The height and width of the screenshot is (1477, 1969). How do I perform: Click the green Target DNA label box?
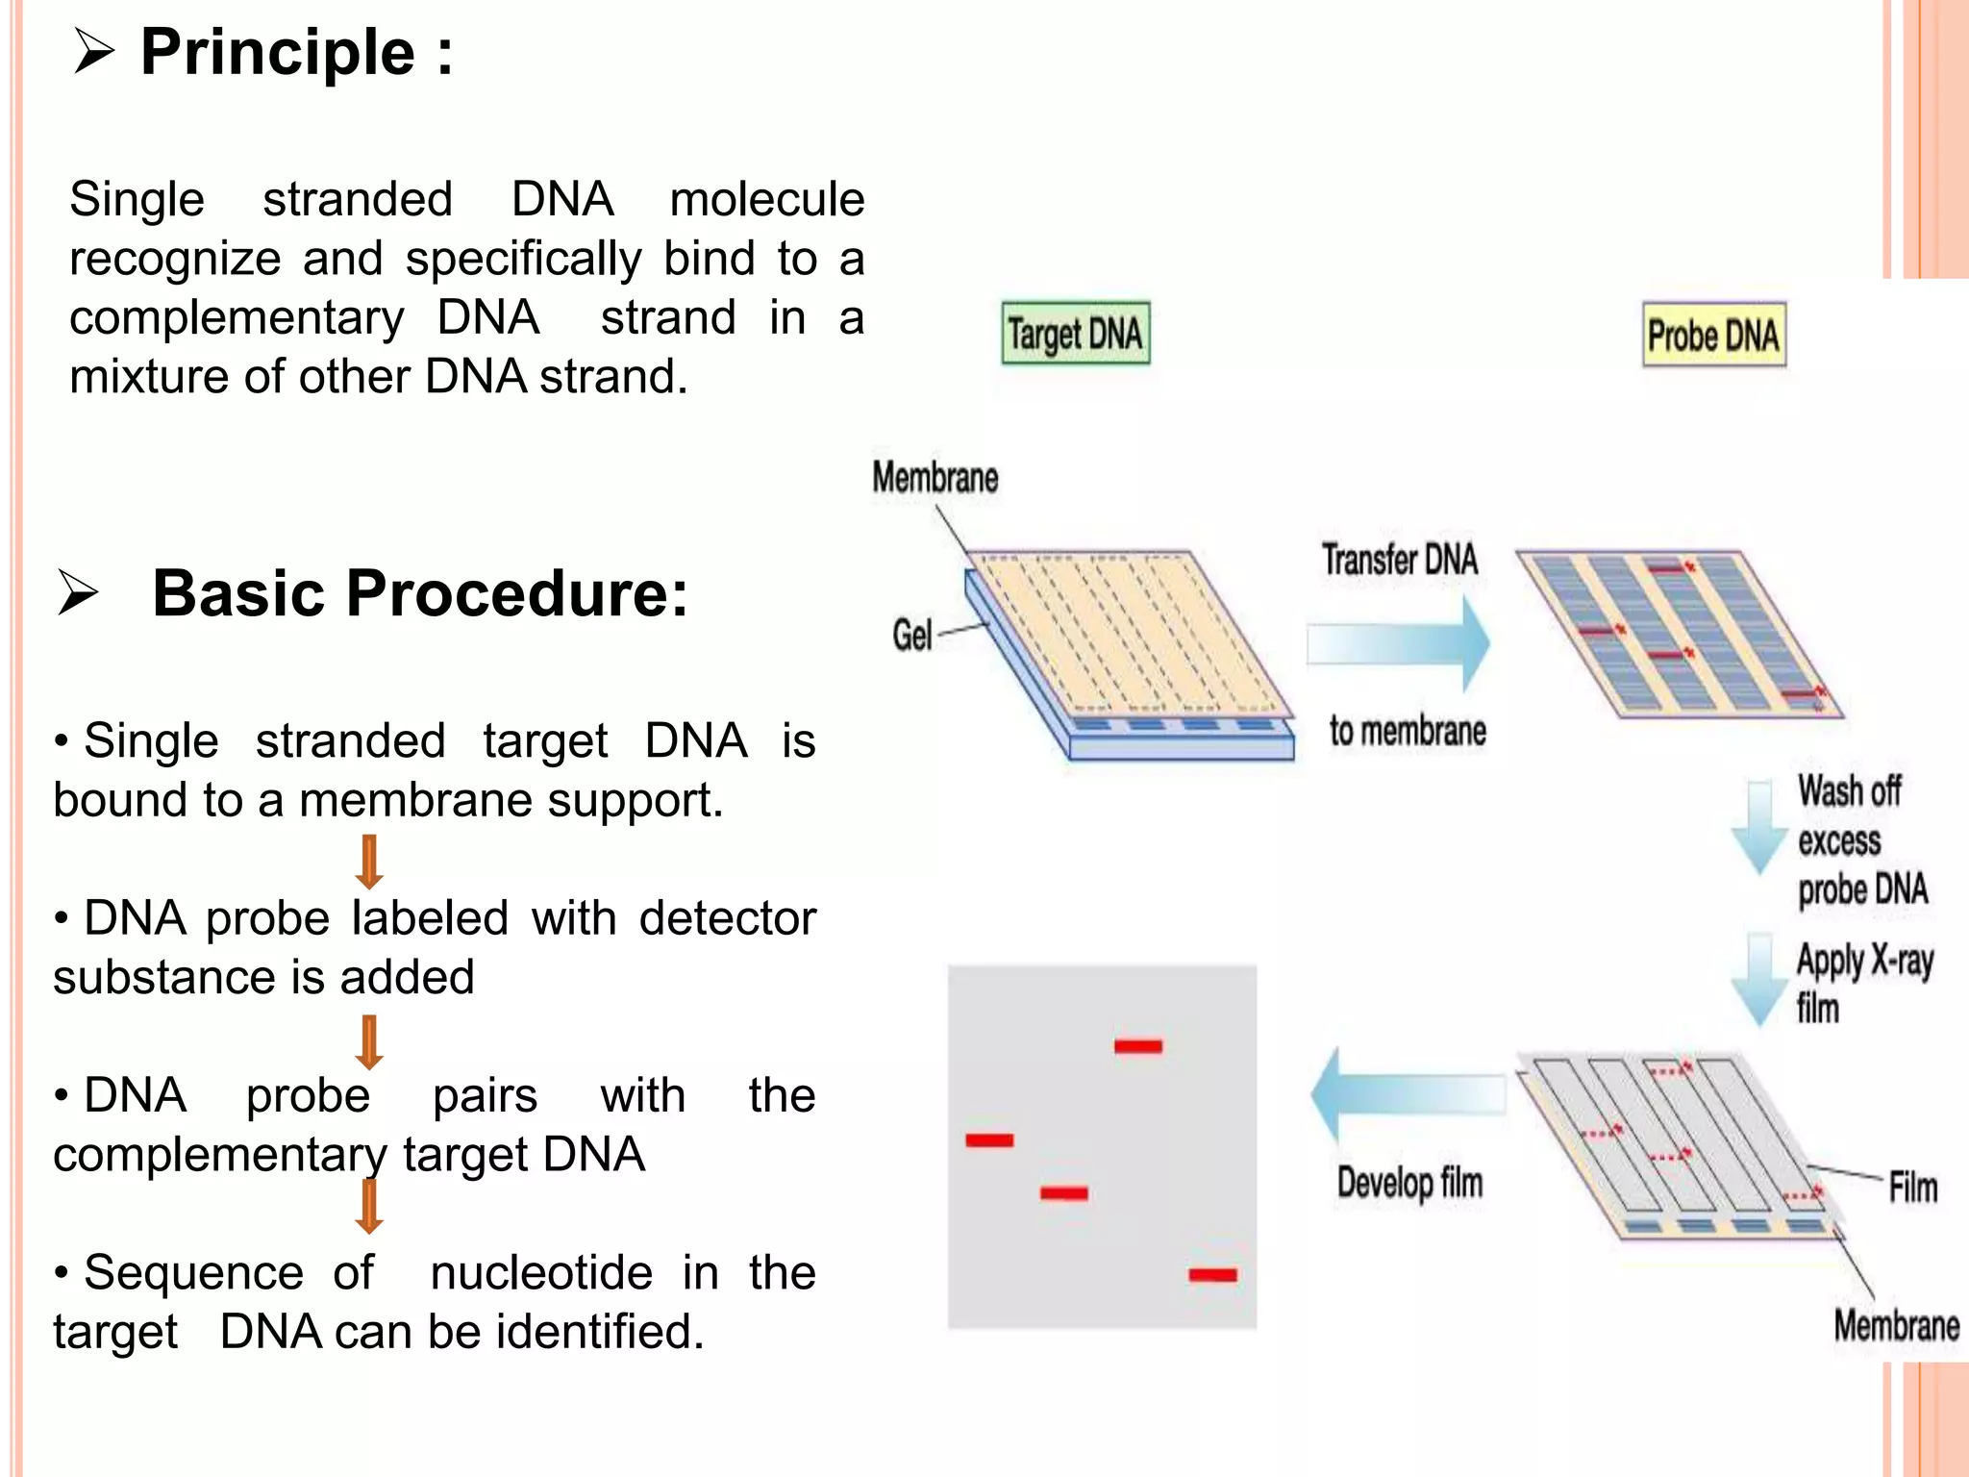(1075, 333)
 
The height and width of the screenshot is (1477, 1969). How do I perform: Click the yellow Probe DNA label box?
(1713, 335)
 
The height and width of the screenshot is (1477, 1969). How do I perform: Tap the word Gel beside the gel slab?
(911, 635)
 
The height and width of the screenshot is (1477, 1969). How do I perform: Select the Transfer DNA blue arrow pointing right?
(1399, 643)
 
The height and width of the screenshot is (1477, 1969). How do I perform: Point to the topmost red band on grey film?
(1138, 1045)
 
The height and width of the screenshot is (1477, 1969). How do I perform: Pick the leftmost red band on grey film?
(989, 1140)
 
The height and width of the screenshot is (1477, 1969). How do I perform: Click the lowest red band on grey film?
(1212, 1275)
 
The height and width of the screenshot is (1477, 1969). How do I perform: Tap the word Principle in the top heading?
(278, 52)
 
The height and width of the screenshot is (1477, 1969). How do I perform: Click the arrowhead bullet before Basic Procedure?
(78, 592)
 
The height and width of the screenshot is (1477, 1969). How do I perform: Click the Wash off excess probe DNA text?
(1860, 840)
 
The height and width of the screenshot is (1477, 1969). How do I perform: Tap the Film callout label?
(1912, 1188)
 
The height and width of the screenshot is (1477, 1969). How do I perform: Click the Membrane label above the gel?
(935, 478)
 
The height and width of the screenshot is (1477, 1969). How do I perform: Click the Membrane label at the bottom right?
(1895, 1326)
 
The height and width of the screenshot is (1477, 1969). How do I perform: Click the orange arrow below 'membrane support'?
(369, 861)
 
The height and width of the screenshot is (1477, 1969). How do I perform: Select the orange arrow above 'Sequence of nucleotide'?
(369, 1207)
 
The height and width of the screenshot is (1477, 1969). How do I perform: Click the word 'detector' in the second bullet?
(727, 917)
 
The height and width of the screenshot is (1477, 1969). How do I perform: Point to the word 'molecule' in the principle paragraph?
(766, 199)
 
